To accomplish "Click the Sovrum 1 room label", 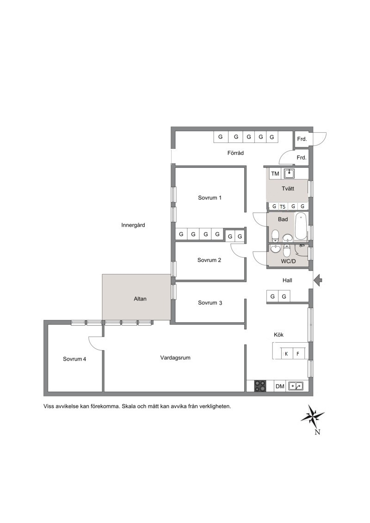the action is (210, 198).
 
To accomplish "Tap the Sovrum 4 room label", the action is (74, 359).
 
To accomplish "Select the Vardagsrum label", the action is (175, 358).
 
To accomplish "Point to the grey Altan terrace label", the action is (140, 299).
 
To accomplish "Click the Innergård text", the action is (133, 225).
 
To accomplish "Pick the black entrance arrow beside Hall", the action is (318, 280).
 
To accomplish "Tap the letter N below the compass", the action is (317, 432).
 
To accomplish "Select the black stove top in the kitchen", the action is (260, 386).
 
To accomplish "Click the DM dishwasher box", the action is (280, 386).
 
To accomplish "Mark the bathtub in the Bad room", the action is (301, 226).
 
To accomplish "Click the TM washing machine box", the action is (275, 173).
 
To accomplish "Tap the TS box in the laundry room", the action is (283, 206).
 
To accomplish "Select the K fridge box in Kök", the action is (286, 354).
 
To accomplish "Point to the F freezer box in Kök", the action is (298, 354).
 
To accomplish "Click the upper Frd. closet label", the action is (302, 139).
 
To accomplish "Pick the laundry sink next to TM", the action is (289, 173).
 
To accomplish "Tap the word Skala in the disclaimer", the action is (129, 406).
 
